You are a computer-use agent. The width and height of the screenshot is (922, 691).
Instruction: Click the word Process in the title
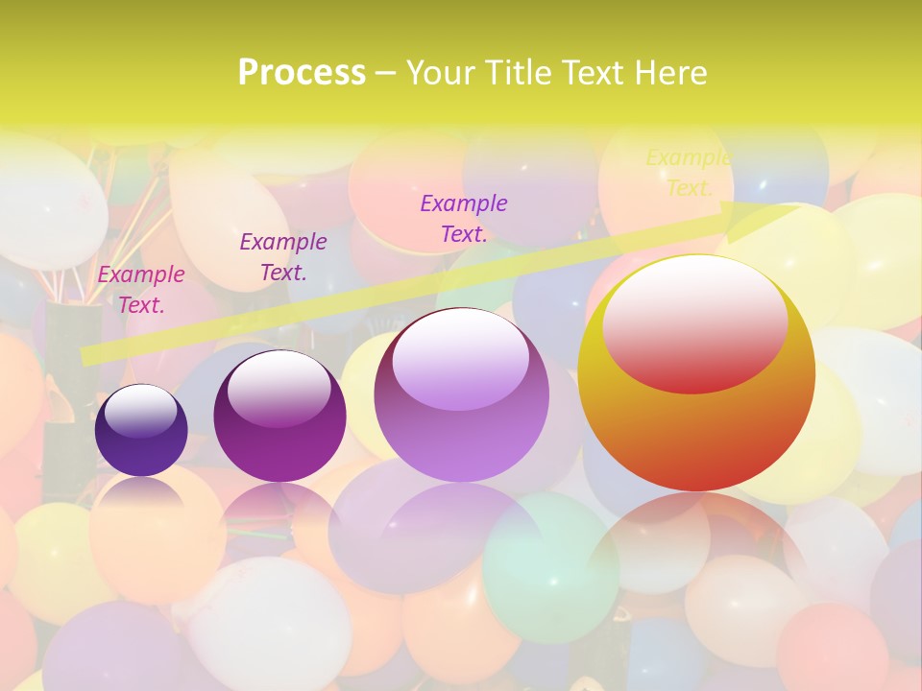click(302, 73)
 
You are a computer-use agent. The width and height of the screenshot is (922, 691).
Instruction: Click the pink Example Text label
click(141, 290)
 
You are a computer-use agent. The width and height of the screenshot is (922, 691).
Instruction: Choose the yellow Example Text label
click(689, 173)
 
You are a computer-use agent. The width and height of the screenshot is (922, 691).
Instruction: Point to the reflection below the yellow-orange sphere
click(696, 542)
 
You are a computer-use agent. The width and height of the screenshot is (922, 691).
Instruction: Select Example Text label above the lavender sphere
click(464, 218)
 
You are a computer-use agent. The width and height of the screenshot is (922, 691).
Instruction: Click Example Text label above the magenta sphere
click(283, 257)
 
